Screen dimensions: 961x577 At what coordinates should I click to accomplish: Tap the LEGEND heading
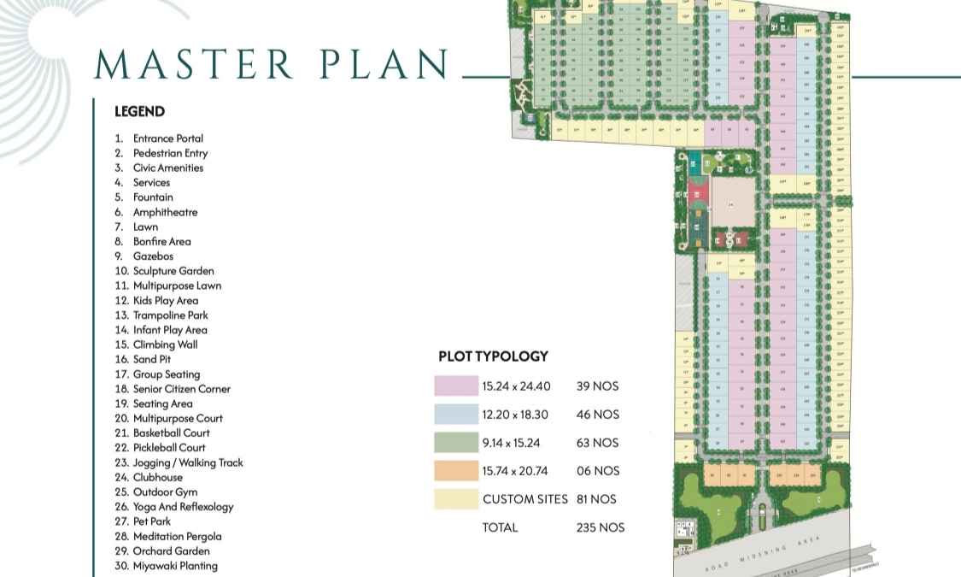click(139, 111)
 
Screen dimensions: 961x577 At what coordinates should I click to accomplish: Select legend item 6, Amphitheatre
click(165, 212)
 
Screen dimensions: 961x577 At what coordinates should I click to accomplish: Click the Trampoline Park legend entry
click(170, 315)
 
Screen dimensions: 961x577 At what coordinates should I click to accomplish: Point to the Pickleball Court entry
click(169, 447)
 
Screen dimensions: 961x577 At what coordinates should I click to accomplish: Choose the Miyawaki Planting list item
click(175, 565)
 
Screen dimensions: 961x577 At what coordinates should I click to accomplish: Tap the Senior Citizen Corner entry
click(181, 388)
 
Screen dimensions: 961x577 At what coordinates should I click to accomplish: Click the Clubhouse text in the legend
click(157, 477)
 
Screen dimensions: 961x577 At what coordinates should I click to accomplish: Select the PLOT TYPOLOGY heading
click(493, 356)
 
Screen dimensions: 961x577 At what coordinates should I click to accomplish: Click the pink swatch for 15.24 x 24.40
click(455, 386)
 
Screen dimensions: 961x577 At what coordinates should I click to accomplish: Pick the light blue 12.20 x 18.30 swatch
click(455, 414)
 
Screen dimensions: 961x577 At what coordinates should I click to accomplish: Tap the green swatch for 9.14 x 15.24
click(455, 442)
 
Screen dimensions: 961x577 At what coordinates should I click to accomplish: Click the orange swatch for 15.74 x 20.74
click(455, 470)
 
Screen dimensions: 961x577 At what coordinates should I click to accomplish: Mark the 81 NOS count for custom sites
click(597, 498)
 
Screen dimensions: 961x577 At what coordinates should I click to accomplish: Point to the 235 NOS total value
click(601, 527)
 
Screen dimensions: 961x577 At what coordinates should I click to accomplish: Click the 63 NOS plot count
click(597, 442)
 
